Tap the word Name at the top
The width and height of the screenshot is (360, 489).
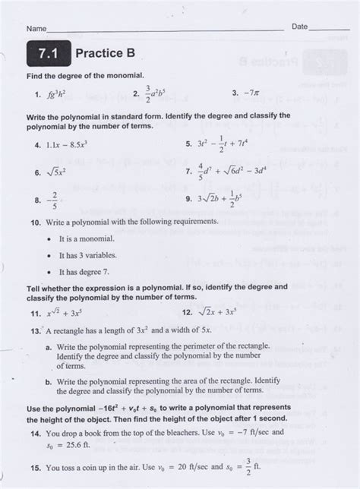36,28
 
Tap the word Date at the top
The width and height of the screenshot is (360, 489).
300,27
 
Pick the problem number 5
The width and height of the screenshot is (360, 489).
188,143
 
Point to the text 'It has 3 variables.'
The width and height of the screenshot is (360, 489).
89,254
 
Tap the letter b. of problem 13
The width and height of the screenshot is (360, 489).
48,383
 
